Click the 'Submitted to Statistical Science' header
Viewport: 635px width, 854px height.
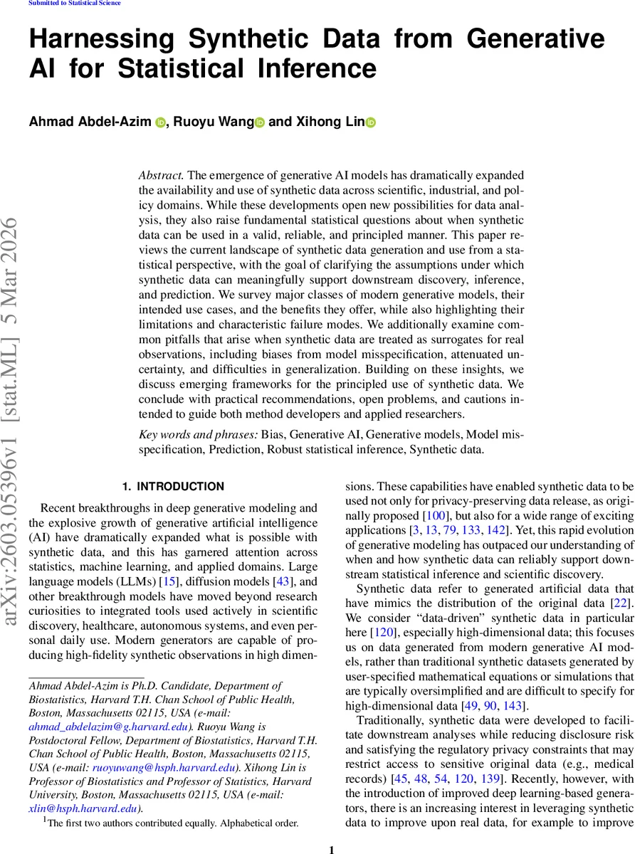(74, 4)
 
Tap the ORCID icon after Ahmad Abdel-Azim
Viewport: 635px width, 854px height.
(159, 122)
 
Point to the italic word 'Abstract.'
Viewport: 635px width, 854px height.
(161, 175)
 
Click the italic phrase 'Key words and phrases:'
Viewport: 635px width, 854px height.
(188, 433)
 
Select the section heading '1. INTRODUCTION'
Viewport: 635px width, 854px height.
(173, 487)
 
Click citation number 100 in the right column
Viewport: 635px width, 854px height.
(435, 515)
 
